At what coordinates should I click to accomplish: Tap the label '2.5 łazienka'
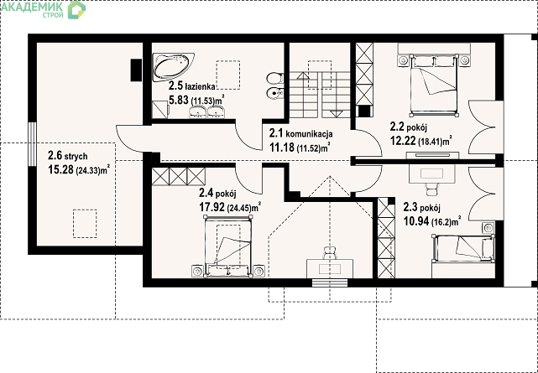click(191, 86)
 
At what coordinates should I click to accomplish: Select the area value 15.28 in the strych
click(61, 170)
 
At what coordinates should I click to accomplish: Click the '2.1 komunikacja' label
click(300, 133)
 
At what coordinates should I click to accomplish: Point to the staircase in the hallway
click(320, 95)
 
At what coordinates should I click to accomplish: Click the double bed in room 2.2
click(434, 85)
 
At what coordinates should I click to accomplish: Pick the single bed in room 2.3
click(463, 247)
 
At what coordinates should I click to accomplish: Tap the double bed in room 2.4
click(228, 246)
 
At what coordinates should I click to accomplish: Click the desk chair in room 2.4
click(329, 252)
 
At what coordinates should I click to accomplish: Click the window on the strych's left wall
click(32, 144)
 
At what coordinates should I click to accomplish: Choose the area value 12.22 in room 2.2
click(404, 141)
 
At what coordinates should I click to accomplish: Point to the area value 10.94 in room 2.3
click(416, 221)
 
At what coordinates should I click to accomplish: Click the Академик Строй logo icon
click(76, 9)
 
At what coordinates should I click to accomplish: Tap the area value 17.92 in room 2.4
click(212, 207)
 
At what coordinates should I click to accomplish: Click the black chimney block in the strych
click(136, 70)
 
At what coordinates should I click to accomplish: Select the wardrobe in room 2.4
click(179, 176)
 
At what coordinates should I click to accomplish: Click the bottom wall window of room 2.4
click(330, 283)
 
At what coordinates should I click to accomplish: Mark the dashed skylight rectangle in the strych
click(85, 224)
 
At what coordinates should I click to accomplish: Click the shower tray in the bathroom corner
click(160, 110)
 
